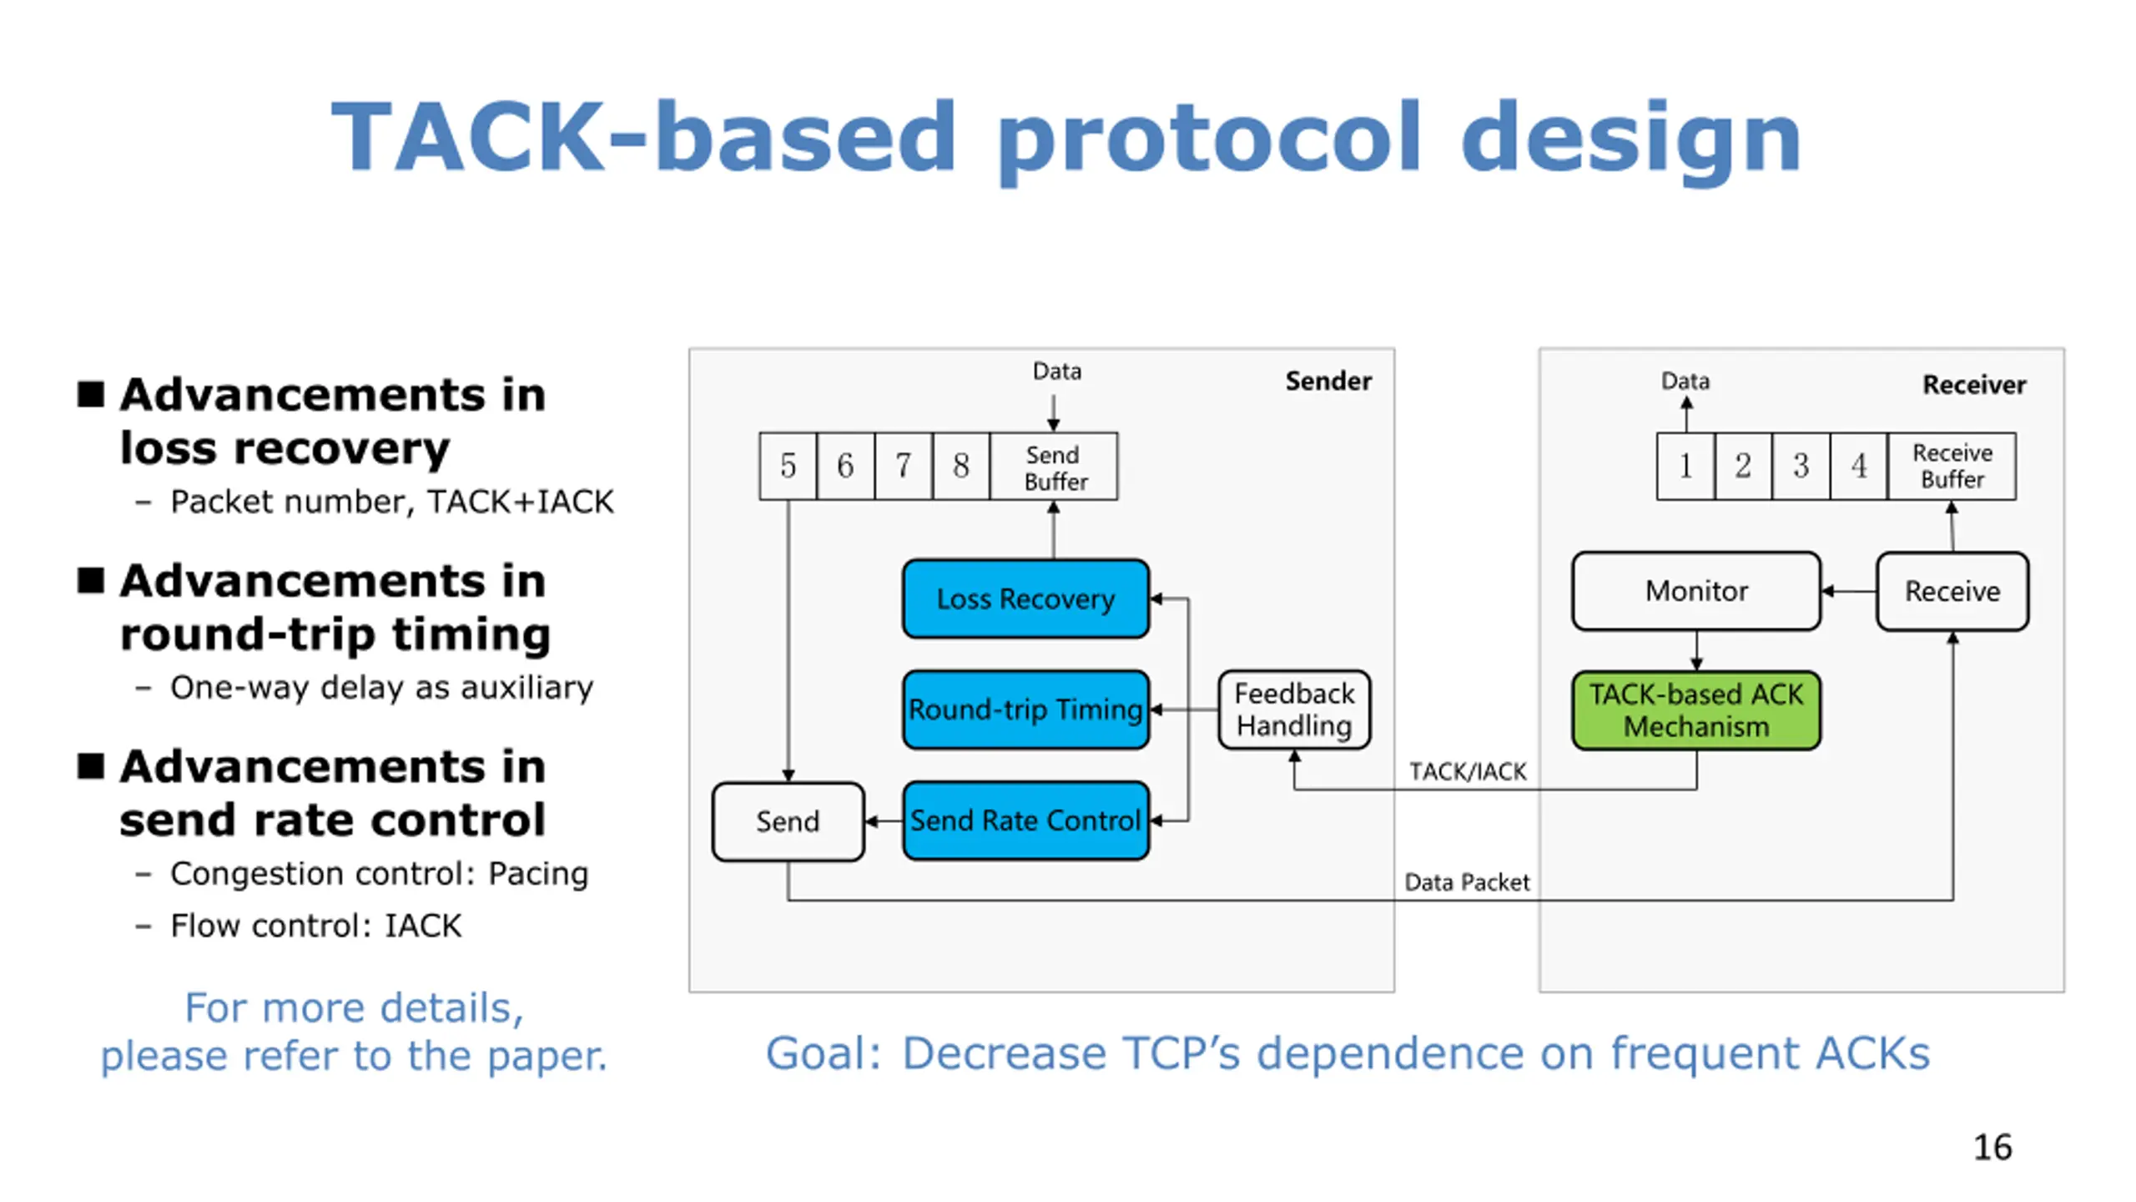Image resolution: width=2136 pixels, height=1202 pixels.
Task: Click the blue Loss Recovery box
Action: coord(1025,598)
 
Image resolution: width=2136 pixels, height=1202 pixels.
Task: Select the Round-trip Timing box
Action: coord(1025,709)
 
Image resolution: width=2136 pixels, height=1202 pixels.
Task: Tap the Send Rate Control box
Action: coord(1025,821)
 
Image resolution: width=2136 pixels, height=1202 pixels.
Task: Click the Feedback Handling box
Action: coord(1294,710)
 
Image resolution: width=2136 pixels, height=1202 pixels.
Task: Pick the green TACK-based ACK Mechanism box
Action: coord(1696,710)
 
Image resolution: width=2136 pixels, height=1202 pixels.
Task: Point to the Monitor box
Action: coord(1696,591)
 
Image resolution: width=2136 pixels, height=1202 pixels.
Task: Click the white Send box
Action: coord(788,821)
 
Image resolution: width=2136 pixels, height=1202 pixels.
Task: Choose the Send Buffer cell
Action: coord(1054,467)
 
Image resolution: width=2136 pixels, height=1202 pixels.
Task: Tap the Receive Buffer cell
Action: coord(1952,466)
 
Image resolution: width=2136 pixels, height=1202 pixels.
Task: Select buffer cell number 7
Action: coord(904,467)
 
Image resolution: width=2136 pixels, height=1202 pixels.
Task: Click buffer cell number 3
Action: coord(1801,466)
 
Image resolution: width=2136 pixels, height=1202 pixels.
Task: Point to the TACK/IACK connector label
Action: coord(1468,771)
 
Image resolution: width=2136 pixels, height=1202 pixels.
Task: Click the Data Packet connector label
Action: coord(1467,882)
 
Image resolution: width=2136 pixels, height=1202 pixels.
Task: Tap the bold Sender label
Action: coord(1328,381)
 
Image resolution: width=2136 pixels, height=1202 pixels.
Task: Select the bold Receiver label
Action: coord(1974,385)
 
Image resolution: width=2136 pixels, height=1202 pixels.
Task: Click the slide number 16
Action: coord(1992,1147)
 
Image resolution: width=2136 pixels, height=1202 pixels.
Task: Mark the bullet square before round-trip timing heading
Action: coord(91,579)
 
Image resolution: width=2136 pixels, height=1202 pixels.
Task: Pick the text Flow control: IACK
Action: coord(315,926)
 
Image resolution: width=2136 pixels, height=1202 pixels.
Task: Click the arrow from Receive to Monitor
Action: coord(1849,591)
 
